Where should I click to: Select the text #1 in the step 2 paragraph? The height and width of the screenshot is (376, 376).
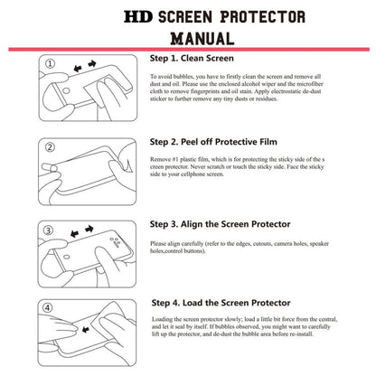click(x=181, y=160)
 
